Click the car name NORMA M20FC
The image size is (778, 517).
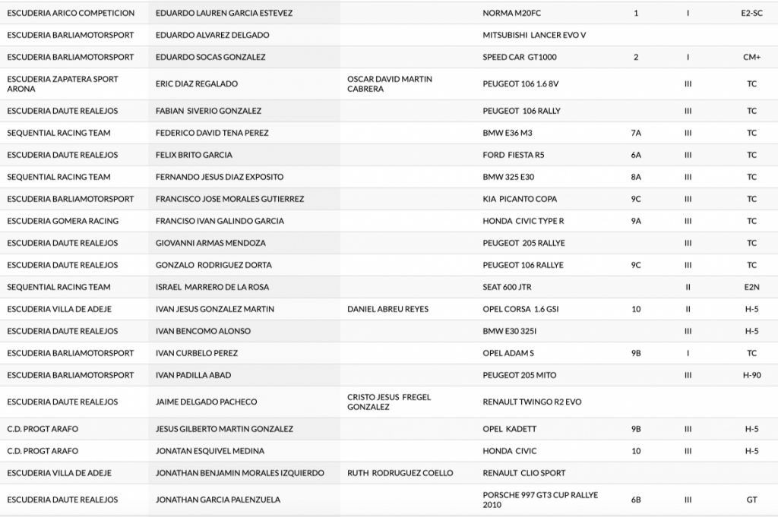pyautogui.click(x=511, y=13)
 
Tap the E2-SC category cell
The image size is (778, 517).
pyautogui.click(x=751, y=13)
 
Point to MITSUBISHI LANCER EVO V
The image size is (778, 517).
pyautogui.click(x=534, y=35)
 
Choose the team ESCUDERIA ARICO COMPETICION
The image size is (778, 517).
pyautogui.click(x=71, y=13)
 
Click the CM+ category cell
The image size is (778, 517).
pyautogui.click(x=751, y=57)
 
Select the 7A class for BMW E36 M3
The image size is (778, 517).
pyautogui.click(x=636, y=133)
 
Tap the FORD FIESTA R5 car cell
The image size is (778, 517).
pyautogui.click(x=513, y=155)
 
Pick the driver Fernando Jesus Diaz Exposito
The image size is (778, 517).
pyautogui.click(x=219, y=177)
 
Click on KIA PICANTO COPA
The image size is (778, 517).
pyautogui.click(x=520, y=199)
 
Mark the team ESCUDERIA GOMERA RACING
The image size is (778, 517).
pyautogui.click(x=62, y=221)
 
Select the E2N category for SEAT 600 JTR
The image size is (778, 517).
pyautogui.click(x=751, y=287)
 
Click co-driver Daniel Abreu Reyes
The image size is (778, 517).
pyautogui.click(x=387, y=309)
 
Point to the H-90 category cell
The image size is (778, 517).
pyautogui.click(x=751, y=375)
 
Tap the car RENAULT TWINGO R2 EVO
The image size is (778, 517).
pyautogui.click(x=532, y=402)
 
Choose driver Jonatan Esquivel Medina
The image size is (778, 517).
pyautogui.click(x=210, y=451)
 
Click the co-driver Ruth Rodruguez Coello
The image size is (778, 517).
pyautogui.click(x=400, y=473)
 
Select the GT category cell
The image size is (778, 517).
pyautogui.click(x=751, y=500)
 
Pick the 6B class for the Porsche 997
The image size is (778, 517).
pyautogui.click(x=636, y=500)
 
